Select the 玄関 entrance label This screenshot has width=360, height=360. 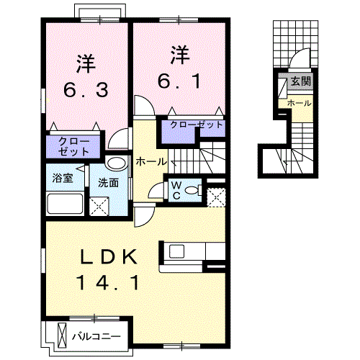tap(300, 81)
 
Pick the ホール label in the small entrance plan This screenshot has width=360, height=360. tap(299, 104)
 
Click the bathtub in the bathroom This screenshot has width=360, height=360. tap(66, 203)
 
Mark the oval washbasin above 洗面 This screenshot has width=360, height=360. tap(115, 162)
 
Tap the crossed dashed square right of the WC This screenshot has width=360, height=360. tap(215, 195)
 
